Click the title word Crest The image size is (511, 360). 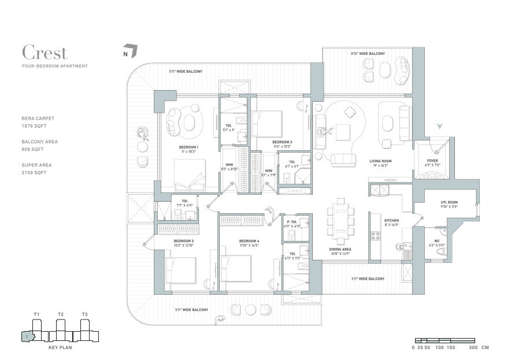(45, 53)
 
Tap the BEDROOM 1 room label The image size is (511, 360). (188, 147)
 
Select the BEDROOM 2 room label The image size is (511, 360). (282, 142)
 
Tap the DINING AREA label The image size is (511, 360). (340, 249)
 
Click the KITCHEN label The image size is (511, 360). (391, 221)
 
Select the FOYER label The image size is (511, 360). (432, 161)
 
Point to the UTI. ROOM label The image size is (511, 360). (449, 202)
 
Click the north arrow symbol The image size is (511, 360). (131, 51)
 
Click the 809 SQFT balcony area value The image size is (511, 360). (30, 149)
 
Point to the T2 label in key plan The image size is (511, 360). (61, 314)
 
